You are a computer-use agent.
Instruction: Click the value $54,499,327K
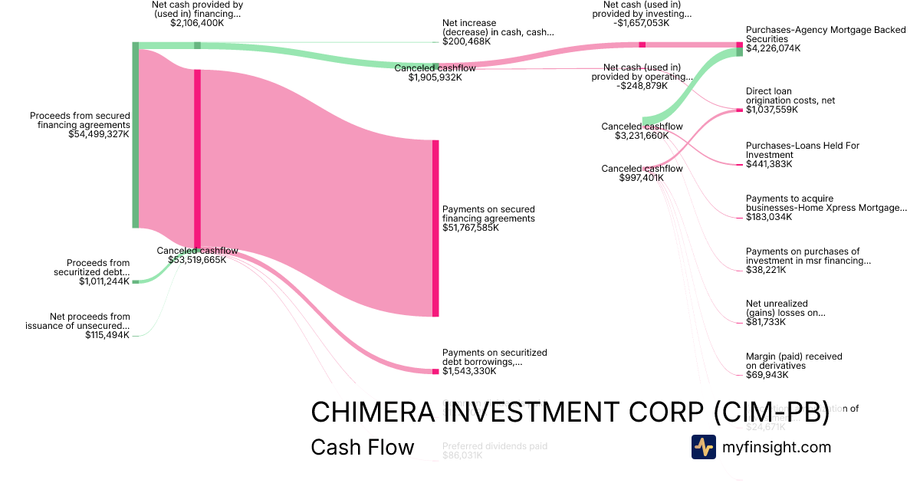[x=99, y=134]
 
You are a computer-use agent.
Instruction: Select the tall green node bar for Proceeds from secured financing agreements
[x=136, y=135]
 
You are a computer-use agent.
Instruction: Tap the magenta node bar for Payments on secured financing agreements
[x=435, y=228]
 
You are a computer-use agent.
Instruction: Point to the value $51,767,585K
[x=471, y=228]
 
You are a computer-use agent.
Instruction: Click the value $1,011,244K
[x=104, y=281]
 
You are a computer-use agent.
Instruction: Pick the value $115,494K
[x=107, y=335]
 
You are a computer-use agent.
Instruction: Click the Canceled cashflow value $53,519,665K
[x=197, y=260]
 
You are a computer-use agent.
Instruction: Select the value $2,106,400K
[x=197, y=23]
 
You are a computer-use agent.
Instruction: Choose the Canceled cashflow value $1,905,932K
[x=435, y=77]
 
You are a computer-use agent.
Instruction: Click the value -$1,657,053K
[x=642, y=23]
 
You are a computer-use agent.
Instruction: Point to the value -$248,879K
[x=642, y=86]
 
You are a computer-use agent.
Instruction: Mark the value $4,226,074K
[x=773, y=48]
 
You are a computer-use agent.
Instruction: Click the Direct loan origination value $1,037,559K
[x=771, y=110]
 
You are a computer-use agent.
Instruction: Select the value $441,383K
[x=769, y=164]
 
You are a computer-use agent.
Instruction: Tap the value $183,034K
[x=769, y=217]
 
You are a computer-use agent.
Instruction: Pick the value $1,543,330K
[x=469, y=371]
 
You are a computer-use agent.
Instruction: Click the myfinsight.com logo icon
[x=703, y=447]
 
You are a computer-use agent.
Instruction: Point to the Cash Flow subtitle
[x=362, y=448]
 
